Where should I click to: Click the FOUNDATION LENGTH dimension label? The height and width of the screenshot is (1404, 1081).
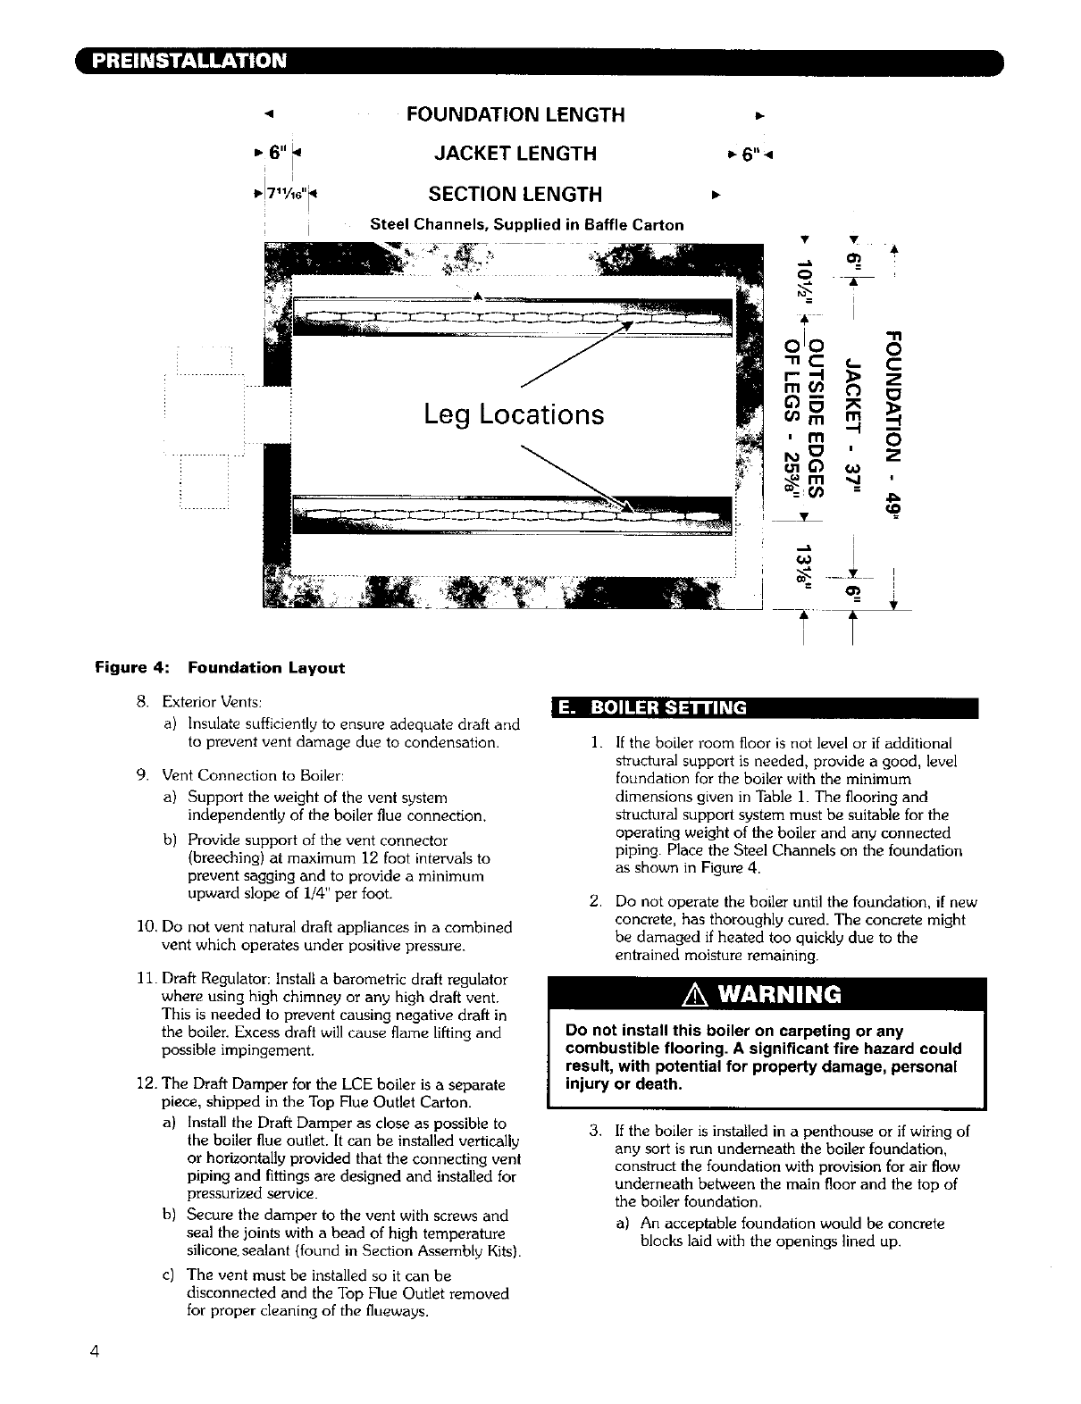pos(515,115)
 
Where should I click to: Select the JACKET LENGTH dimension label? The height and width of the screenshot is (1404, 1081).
pos(515,154)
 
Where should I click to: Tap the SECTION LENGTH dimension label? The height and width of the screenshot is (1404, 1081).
pos(515,194)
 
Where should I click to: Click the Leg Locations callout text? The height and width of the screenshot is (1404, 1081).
pos(514,414)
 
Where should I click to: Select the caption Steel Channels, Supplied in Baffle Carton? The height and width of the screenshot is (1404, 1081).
pos(527,225)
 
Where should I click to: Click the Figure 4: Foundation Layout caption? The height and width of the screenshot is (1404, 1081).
pos(220,667)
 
